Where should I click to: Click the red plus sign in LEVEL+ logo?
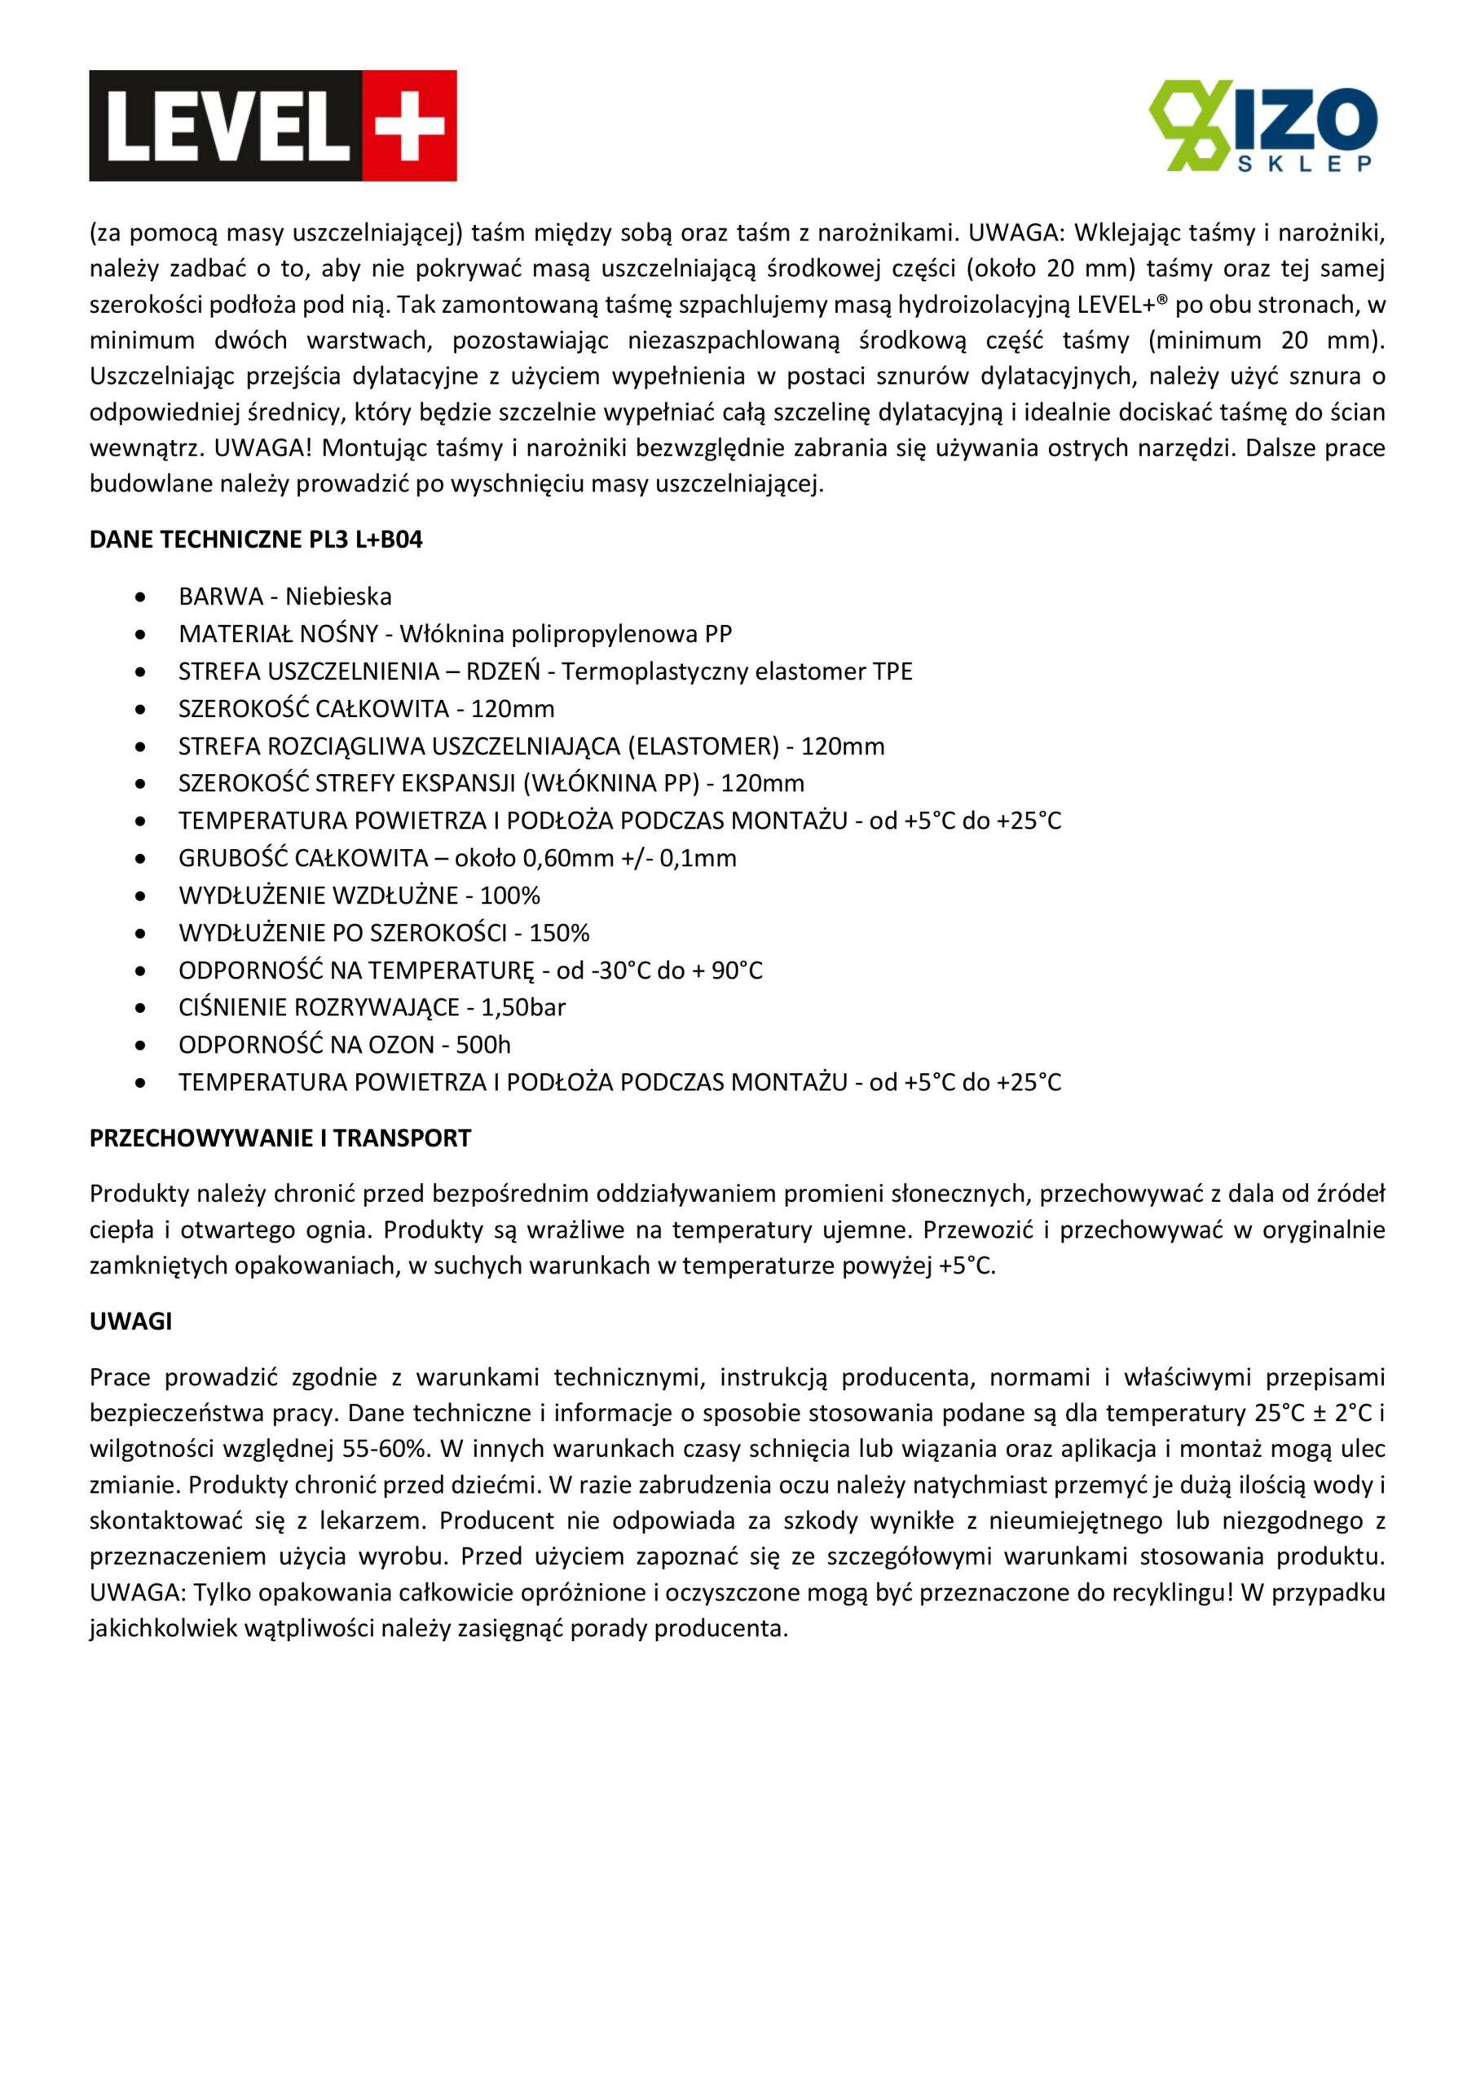click(x=410, y=125)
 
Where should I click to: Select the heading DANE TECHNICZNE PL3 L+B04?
click(x=256, y=539)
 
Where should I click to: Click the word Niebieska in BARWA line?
click(x=338, y=597)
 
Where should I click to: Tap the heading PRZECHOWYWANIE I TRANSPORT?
click(x=280, y=1138)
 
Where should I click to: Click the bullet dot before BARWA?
click(x=140, y=598)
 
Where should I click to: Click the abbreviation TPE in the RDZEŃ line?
click(x=892, y=671)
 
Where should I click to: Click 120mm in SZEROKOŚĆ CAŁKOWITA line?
click(x=512, y=709)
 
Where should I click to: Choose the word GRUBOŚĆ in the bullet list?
click(x=232, y=859)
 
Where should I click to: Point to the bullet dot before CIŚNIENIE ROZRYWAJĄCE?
click(x=140, y=1009)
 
